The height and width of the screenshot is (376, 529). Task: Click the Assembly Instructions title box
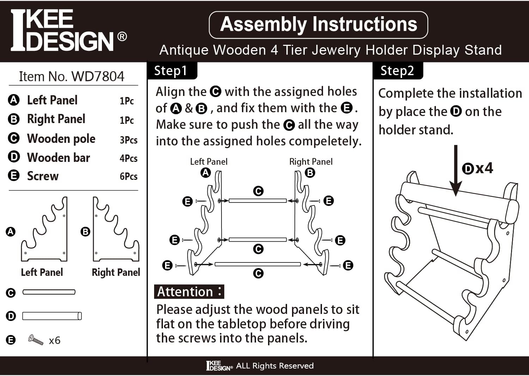click(318, 25)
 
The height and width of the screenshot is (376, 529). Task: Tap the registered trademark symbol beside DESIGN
click(122, 37)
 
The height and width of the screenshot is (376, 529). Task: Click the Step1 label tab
click(171, 71)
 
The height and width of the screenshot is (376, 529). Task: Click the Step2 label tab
click(397, 71)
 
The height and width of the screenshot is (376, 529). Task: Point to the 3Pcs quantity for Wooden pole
click(128, 140)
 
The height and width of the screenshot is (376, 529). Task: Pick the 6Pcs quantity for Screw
click(128, 176)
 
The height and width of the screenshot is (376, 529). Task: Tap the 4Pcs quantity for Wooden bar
click(128, 158)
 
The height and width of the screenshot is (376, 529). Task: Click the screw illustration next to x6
click(36, 340)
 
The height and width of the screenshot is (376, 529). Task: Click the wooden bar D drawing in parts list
click(52, 316)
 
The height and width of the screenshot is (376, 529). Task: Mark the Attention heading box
click(189, 292)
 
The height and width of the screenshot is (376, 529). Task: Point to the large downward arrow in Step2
click(456, 169)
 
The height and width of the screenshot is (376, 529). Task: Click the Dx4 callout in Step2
click(478, 168)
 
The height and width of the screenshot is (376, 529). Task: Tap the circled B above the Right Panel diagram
click(310, 173)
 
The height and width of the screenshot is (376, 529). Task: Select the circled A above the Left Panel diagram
click(206, 173)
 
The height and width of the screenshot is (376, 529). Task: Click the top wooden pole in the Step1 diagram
click(257, 201)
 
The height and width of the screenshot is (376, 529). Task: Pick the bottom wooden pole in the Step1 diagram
click(257, 264)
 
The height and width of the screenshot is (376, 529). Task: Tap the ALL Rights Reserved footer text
click(274, 366)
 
